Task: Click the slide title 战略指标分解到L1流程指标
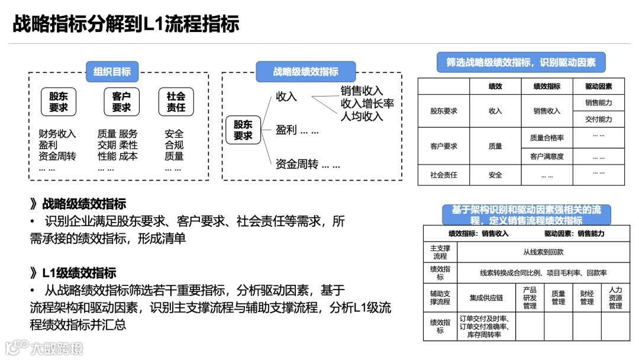[x=125, y=24]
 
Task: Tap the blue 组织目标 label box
[x=112, y=72]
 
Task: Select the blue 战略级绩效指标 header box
[x=306, y=72]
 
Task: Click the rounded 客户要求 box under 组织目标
[x=121, y=102]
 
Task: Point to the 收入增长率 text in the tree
[x=367, y=104]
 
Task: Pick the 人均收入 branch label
[x=362, y=116]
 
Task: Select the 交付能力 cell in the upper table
[x=598, y=119]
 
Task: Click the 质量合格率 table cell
[x=547, y=138]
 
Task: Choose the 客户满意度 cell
[x=547, y=157]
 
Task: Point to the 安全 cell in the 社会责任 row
[x=495, y=175]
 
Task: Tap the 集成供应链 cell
[x=486, y=297]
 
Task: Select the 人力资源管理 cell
[x=615, y=298]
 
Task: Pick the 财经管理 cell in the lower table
[x=586, y=297]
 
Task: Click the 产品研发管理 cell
[x=530, y=298]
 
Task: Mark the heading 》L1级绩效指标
[x=73, y=273]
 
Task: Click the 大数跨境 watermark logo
[x=44, y=348]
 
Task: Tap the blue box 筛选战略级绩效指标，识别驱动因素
[x=521, y=62]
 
